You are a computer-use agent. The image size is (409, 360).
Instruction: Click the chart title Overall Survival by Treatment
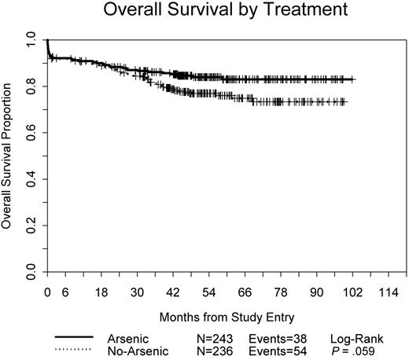pos(216,13)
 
